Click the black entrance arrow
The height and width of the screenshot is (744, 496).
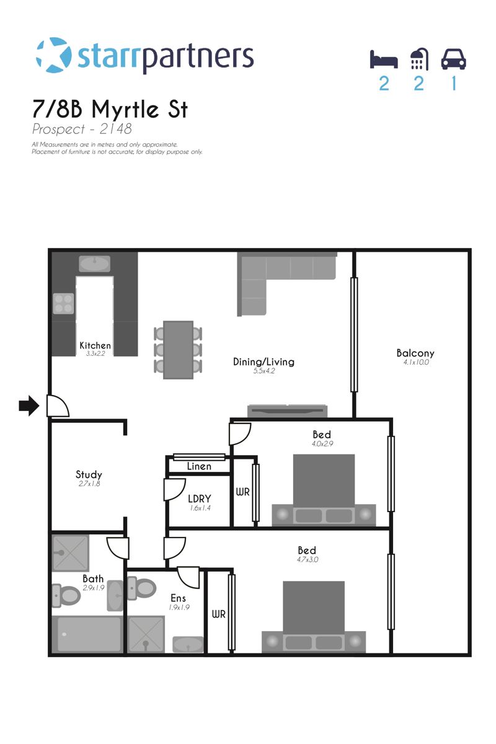[x=29, y=405]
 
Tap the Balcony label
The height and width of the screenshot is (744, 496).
[x=415, y=353]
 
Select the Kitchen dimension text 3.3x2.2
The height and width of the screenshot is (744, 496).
[x=95, y=353]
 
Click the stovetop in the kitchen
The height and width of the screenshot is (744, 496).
[x=63, y=303]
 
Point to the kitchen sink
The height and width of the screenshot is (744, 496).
[x=94, y=263]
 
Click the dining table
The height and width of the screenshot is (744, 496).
[x=178, y=350]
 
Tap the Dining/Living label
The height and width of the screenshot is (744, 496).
[x=263, y=361]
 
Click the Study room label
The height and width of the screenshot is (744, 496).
[x=89, y=475]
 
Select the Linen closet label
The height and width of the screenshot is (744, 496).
[x=199, y=466]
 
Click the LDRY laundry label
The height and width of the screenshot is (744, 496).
[x=200, y=498]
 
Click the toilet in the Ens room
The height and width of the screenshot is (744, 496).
[x=142, y=588]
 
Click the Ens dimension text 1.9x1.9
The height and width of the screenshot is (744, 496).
[x=179, y=608]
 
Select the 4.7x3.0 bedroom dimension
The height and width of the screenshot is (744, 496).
[x=308, y=560]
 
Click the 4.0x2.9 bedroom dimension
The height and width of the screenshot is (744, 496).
[x=322, y=444]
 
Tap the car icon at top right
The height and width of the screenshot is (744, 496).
[x=453, y=59]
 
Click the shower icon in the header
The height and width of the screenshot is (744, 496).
[x=420, y=59]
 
